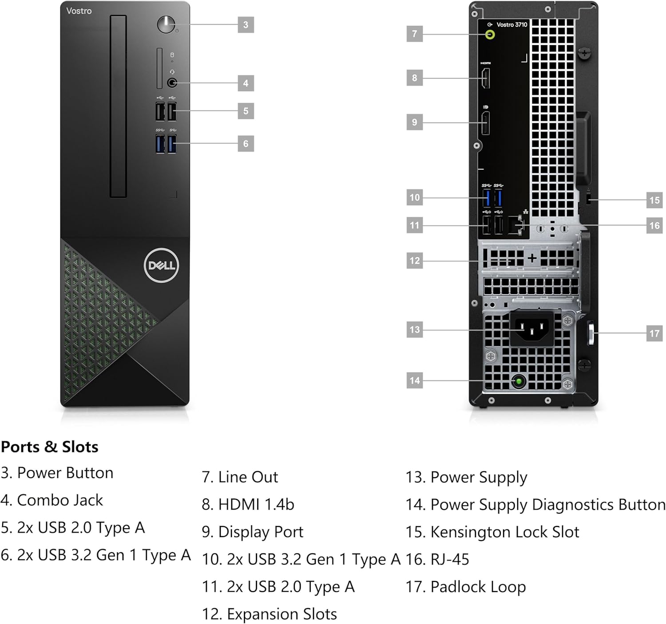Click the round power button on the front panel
pos(166,24)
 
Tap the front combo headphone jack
pos(172,82)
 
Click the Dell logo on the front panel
pos(161,265)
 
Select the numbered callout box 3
pos(246,25)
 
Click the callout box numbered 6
pos(246,144)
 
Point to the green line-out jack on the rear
pos(490,35)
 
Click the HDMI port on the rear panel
pos(486,78)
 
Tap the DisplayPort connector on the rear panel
pos(486,123)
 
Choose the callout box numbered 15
pos(654,200)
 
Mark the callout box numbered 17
pos(654,334)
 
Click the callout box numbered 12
pos(414,260)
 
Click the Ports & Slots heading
pos(49,447)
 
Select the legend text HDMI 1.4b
pos(256,504)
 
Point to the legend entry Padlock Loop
pos(478,587)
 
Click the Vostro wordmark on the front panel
pos(79,11)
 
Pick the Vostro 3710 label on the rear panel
pos(511,25)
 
